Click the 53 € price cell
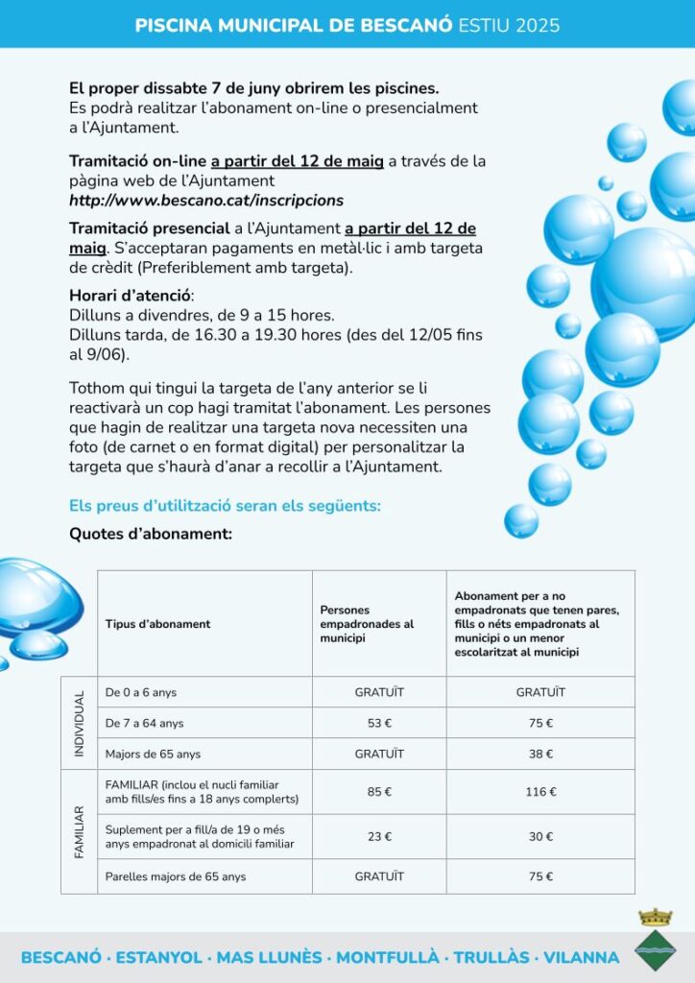tap(379, 723)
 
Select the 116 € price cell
tap(540, 792)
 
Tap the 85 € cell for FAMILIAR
tap(379, 792)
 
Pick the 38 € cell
tap(540, 754)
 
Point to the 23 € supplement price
tap(379, 836)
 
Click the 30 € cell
tap(540, 836)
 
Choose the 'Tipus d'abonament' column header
tap(157, 624)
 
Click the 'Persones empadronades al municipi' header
tap(367, 624)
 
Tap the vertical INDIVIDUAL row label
tap(80, 722)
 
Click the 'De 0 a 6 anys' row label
tap(141, 692)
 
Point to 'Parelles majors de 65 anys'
tap(176, 876)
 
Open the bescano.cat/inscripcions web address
tap(205, 201)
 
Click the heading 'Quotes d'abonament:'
tap(151, 534)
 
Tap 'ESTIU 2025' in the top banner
tap(509, 25)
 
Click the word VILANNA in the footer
tap(581, 958)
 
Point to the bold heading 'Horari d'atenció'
tap(131, 296)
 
